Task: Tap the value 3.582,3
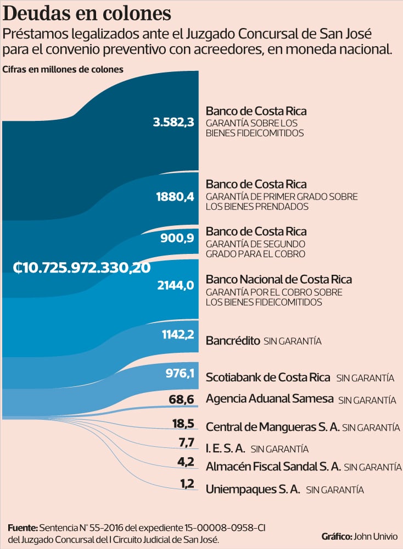(x=173, y=122)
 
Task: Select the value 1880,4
(x=175, y=197)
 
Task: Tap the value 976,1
(x=180, y=374)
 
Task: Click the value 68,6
(x=182, y=400)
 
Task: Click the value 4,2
(x=186, y=462)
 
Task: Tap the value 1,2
(x=186, y=484)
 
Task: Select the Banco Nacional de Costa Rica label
(x=278, y=280)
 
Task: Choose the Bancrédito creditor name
(x=233, y=341)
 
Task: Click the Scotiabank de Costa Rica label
(x=268, y=378)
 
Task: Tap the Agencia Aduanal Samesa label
(x=270, y=398)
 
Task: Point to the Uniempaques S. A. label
(x=253, y=489)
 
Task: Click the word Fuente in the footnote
(x=23, y=528)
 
